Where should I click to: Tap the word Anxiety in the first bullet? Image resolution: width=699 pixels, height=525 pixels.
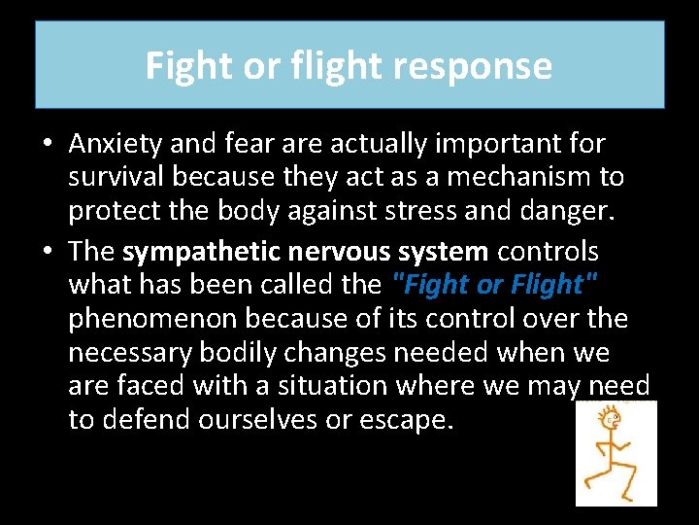point(115,144)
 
